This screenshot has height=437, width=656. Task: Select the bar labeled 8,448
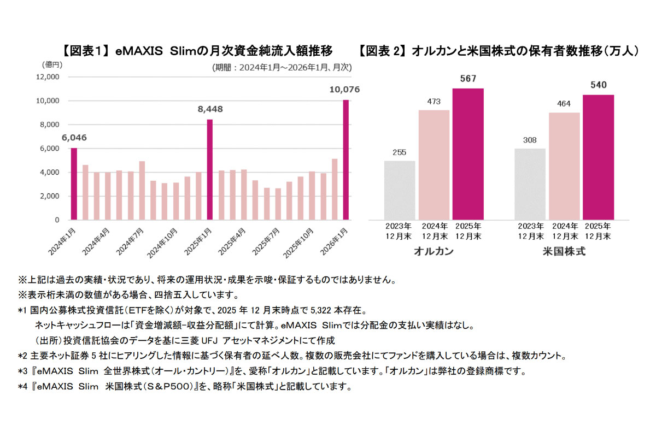[x=210, y=169]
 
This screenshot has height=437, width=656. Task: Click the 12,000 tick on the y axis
[x=48, y=77]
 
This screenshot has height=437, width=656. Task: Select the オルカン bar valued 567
[x=468, y=154]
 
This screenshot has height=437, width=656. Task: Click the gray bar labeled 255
[x=399, y=190]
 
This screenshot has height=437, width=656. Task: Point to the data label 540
[x=598, y=85]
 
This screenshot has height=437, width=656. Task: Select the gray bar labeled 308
[x=529, y=184]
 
